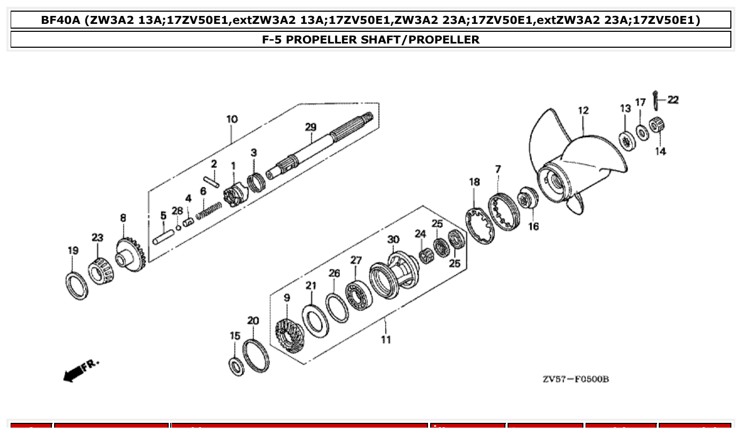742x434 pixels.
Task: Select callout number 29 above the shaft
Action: coord(310,127)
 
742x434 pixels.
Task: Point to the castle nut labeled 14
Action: coord(660,126)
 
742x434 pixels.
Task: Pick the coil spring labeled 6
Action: coord(209,210)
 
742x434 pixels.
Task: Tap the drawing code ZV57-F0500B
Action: coord(575,379)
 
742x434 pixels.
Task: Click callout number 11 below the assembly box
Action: coord(386,339)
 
